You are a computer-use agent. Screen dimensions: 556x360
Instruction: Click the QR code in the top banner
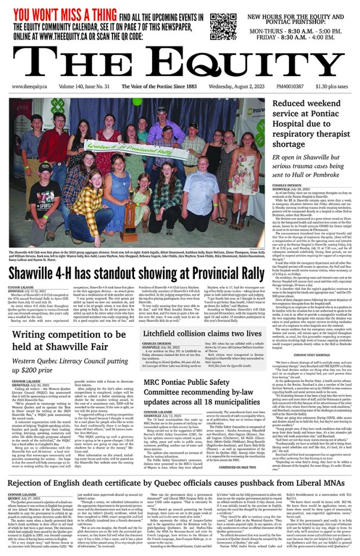tap(223, 27)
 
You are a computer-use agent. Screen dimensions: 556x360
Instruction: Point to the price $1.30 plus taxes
tap(334, 86)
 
